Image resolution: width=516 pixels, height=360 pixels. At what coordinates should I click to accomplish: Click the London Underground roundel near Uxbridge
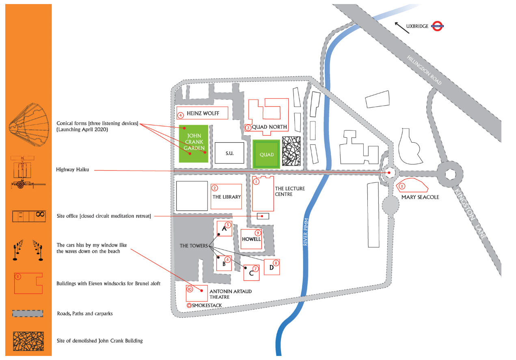[x=437, y=26]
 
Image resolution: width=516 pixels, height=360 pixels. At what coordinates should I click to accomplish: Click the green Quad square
[x=266, y=154]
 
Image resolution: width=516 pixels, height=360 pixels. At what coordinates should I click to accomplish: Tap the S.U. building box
[x=229, y=153]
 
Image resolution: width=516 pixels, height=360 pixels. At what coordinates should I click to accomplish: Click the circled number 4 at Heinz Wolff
[x=181, y=115]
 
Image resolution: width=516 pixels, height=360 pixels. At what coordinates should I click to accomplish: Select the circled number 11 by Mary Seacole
[x=402, y=186]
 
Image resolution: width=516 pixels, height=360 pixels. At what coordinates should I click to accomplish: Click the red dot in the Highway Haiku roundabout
[x=389, y=173]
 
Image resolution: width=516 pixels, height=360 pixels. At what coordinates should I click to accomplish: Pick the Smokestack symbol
[x=189, y=305]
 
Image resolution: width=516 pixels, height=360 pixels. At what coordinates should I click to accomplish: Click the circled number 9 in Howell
[x=257, y=233]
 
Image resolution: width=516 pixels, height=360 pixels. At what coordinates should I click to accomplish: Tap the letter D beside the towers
[x=272, y=268]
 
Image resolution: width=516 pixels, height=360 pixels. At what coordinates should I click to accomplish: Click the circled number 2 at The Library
[x=215, y=188]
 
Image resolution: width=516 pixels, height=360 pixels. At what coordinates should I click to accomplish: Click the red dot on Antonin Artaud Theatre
[x=201, y=291]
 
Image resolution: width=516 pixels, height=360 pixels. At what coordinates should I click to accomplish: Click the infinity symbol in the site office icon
[x=40, y=214]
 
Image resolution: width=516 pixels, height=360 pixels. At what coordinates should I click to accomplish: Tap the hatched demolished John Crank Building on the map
[x=291, y=152]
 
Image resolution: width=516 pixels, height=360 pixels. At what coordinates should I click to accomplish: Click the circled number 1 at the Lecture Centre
[x=256, y=182]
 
